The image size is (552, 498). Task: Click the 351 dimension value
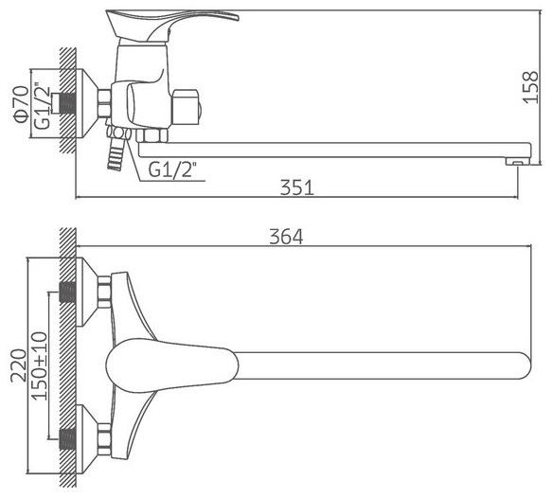pyautogui.click(x=296, y=187)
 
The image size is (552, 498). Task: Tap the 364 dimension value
pyautogui.click(x=286, y=237)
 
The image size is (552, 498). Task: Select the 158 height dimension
pyautogui.click(x=530, y=87)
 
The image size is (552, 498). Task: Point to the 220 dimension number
pyautogui.click(x=19, y=365)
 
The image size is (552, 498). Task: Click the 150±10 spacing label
pyautogui.click(x=39, y=366)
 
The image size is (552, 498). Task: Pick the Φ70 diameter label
pyautogui.click(x=21, y=104)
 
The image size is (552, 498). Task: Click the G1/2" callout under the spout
pyautogui.click(x=171, y=169)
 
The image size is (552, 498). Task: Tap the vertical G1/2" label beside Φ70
pyautogui.click(x=43, y=106)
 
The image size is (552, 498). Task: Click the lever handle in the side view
pyautogui.click(x=172, y=24)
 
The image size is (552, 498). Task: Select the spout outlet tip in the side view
pyautogui.click(x=518, y=162)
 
